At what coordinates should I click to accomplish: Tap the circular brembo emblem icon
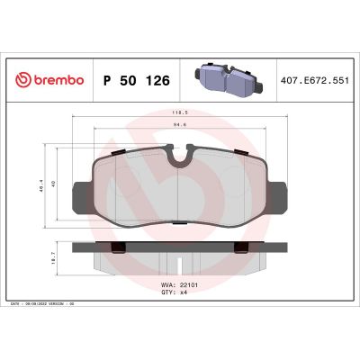point(22,80)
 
